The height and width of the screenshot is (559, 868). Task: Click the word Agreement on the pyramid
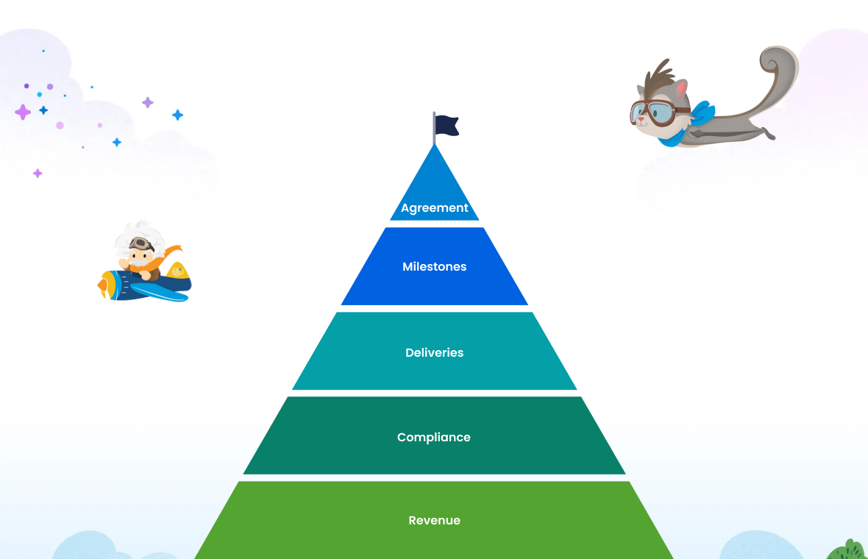(x=434, y=208)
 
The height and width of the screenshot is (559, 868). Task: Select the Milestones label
(x=434, y=266)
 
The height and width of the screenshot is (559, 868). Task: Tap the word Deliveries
(x=434, y=352)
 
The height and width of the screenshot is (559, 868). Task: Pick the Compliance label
(x=433, y=437)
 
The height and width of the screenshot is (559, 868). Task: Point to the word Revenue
(x=434, y=520)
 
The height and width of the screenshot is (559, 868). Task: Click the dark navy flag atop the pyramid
(x=447, y=126)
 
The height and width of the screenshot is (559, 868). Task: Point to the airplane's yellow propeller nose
(x=104, y=284)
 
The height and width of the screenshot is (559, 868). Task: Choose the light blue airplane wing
(x=165, y=293)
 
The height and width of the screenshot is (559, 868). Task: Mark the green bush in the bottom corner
(x=848, y=551)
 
